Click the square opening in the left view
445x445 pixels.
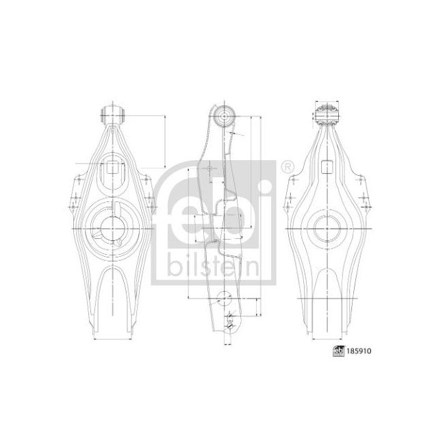[x=111, y=166]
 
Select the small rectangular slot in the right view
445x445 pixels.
[x=327, y=165]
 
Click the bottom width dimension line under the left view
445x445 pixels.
[x=112, y=339]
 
